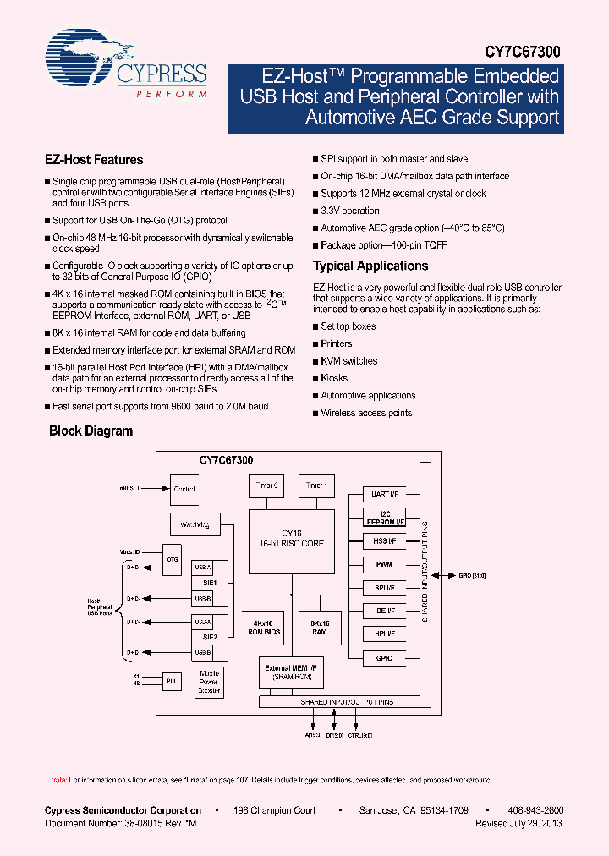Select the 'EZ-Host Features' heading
coord(93,159)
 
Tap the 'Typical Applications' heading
coord(370,266)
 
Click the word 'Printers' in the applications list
coord(337,343)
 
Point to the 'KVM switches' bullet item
coord(348,361)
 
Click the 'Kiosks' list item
coord(333,378)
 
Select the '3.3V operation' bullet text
coord(350,211)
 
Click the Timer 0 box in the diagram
coord(266,486)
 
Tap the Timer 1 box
coord(315,486)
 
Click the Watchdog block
coord(195,524)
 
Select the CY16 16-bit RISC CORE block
coord(292,539)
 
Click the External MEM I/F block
coord(292,673)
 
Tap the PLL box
coord(172,679)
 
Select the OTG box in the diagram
coord(172,559)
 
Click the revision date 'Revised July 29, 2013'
coord(518,823)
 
